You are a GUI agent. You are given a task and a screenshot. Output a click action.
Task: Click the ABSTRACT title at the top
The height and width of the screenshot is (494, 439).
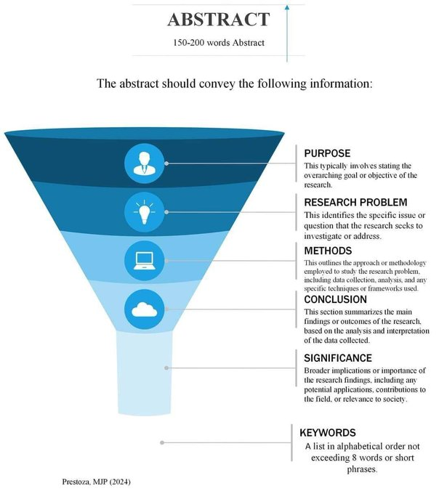coord(218,19)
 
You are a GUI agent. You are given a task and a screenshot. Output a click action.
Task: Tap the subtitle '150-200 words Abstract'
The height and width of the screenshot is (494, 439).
coord(218,43)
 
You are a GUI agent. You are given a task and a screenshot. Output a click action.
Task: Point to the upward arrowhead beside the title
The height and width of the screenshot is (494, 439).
coord(287,7)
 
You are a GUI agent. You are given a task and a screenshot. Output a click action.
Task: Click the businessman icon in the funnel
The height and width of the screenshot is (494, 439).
coord(145,163)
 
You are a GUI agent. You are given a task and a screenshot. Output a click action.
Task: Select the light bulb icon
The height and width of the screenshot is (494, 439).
coord(145,212)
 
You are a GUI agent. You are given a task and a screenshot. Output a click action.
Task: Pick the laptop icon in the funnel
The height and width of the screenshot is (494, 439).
coord(145,261)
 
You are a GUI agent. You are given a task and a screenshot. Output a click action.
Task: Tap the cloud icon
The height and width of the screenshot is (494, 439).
coord(145,309)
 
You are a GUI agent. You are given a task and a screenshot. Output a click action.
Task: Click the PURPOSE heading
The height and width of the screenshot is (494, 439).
coord(327,153)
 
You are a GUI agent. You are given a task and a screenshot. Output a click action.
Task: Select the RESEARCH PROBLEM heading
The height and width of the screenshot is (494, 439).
coord(355,202)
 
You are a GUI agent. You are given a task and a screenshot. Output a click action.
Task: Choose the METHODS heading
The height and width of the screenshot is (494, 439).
coord(328,251)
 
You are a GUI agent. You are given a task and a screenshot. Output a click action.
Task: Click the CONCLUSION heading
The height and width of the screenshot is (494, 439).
coord(335,299)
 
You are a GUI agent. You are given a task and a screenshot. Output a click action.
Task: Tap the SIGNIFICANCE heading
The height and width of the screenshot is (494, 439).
coord(338,358)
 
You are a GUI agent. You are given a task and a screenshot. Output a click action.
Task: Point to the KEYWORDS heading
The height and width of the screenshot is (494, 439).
coord(328,432)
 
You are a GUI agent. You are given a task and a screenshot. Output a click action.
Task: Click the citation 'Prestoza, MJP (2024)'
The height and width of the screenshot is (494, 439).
coord(96,482)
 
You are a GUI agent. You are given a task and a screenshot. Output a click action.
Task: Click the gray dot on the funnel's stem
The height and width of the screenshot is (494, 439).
coord(166,368)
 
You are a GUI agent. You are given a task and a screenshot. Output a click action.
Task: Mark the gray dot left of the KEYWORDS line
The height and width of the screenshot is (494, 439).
coord(162,442)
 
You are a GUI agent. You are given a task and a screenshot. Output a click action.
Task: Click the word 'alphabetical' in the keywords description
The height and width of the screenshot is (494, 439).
coord(358,447)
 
